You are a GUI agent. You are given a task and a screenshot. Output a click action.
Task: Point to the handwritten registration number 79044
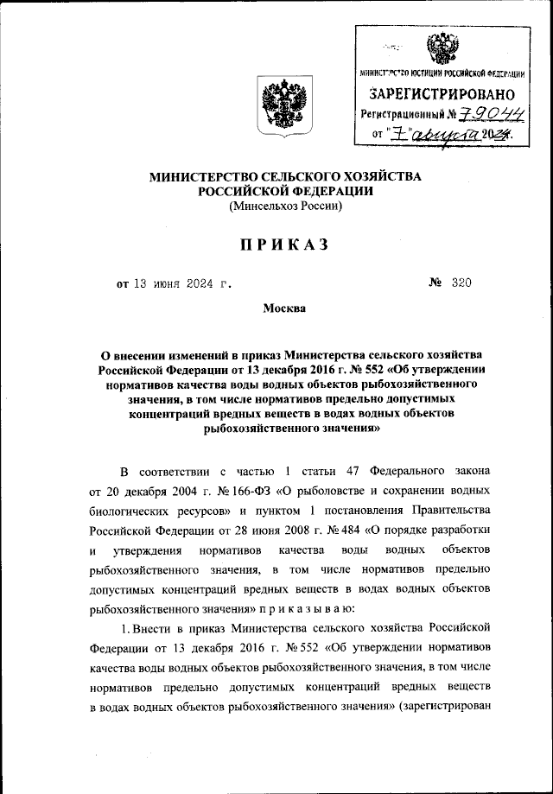(479, 113)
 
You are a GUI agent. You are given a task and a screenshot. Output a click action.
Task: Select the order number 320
(461, 283)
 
